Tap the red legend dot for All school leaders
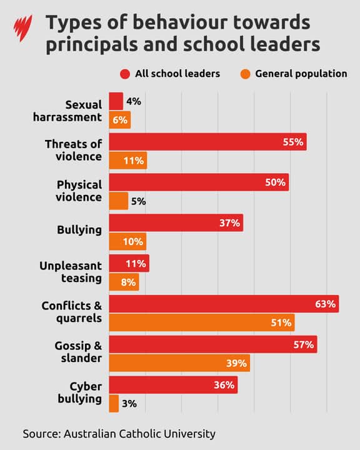(x=125, y=74)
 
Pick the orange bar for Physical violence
(x=119, y=201)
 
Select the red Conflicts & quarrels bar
(x=224, y=304)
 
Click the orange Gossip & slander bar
(x=179, y=362)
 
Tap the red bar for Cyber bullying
(x=173, y=385)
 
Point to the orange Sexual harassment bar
(x=120, y=120)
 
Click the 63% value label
(x=326, y=304)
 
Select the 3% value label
(x=129, y=404)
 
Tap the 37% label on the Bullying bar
(x=229, y=223)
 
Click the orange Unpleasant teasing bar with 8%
(x=124, y=282)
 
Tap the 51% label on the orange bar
(x=281, y=322)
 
